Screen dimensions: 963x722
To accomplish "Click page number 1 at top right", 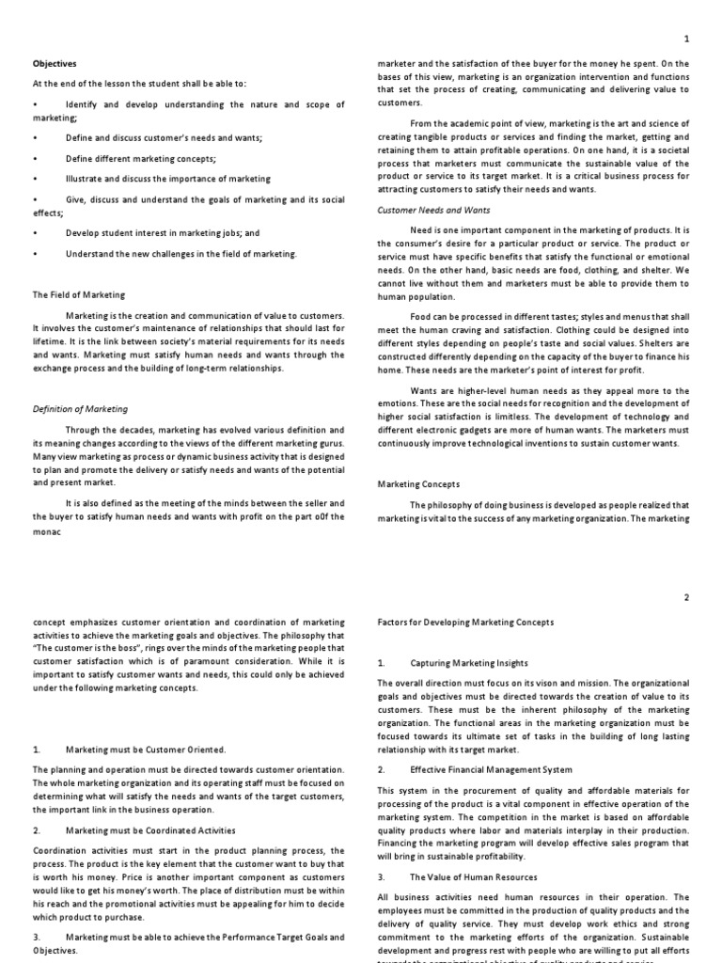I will [686, 39].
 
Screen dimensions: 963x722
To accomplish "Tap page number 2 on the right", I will [686, 597].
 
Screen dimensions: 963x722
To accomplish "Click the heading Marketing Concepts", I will [419, 484].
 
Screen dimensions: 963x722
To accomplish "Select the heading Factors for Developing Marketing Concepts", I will [465, 623].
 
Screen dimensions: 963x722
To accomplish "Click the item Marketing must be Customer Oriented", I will [146, 750].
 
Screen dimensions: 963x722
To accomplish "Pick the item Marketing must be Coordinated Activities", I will [150, 830].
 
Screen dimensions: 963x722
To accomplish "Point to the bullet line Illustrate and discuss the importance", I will [167, 178].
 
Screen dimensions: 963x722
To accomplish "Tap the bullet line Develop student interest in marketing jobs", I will [162, 233].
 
